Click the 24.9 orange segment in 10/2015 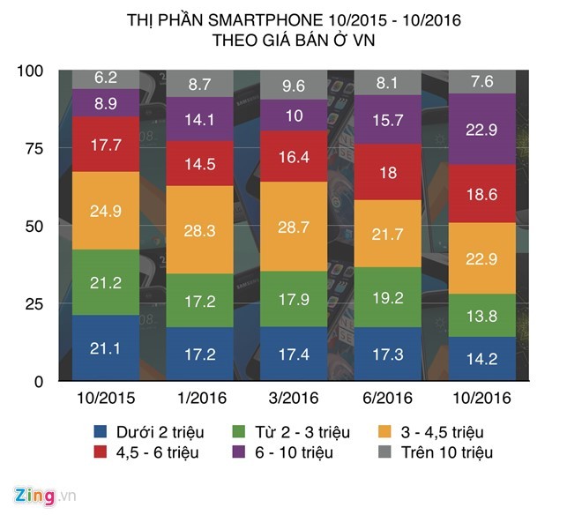pos(105,211)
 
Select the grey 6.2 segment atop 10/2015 pos(105,78)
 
